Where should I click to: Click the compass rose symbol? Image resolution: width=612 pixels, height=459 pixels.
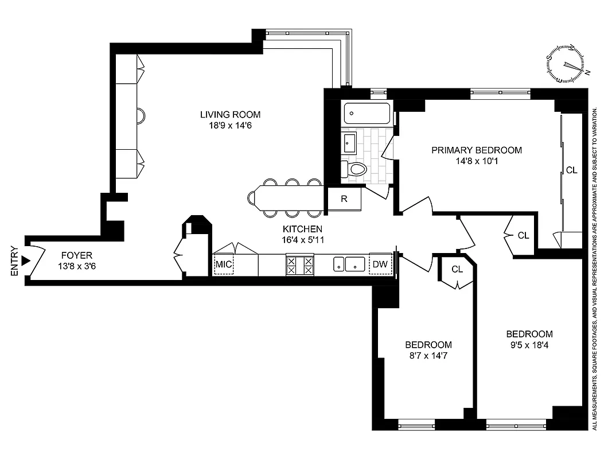pos(567,64)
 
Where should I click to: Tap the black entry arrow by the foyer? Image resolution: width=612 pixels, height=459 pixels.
pos(25,261)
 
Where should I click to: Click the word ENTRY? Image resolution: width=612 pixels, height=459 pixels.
pos(14,261)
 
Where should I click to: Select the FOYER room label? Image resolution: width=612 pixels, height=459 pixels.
pos(76,255)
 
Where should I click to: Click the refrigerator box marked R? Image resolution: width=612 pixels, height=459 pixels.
pos(344,200)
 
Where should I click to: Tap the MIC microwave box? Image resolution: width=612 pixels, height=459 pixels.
pos(223,264)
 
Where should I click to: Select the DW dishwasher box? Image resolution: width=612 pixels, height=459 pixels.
pos(380,264)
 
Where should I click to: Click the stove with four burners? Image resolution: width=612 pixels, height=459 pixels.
pos(300,264)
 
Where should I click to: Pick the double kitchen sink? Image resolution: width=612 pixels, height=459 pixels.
pos(350,264)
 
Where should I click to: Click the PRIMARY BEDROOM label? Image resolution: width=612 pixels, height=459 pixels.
pos(477,150)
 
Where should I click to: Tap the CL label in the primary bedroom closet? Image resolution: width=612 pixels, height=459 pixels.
pos(571,170)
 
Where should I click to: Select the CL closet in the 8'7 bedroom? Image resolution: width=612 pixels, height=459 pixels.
pos(457,269)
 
